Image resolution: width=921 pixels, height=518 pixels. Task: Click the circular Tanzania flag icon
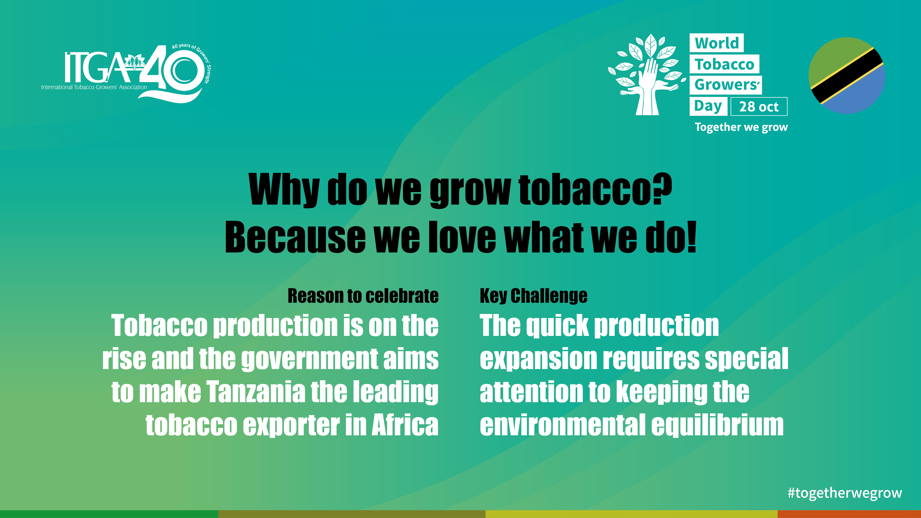(847, 75)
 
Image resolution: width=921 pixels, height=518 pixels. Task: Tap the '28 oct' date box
(759, 107)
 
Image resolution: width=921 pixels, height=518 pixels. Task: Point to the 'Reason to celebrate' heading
(363, 296)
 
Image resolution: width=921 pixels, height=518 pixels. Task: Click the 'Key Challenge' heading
(533, 296)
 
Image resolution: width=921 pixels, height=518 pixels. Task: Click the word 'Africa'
(405, 425)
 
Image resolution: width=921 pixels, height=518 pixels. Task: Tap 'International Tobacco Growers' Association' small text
(94, 87)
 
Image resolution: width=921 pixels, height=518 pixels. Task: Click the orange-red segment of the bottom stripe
(849, 514)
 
